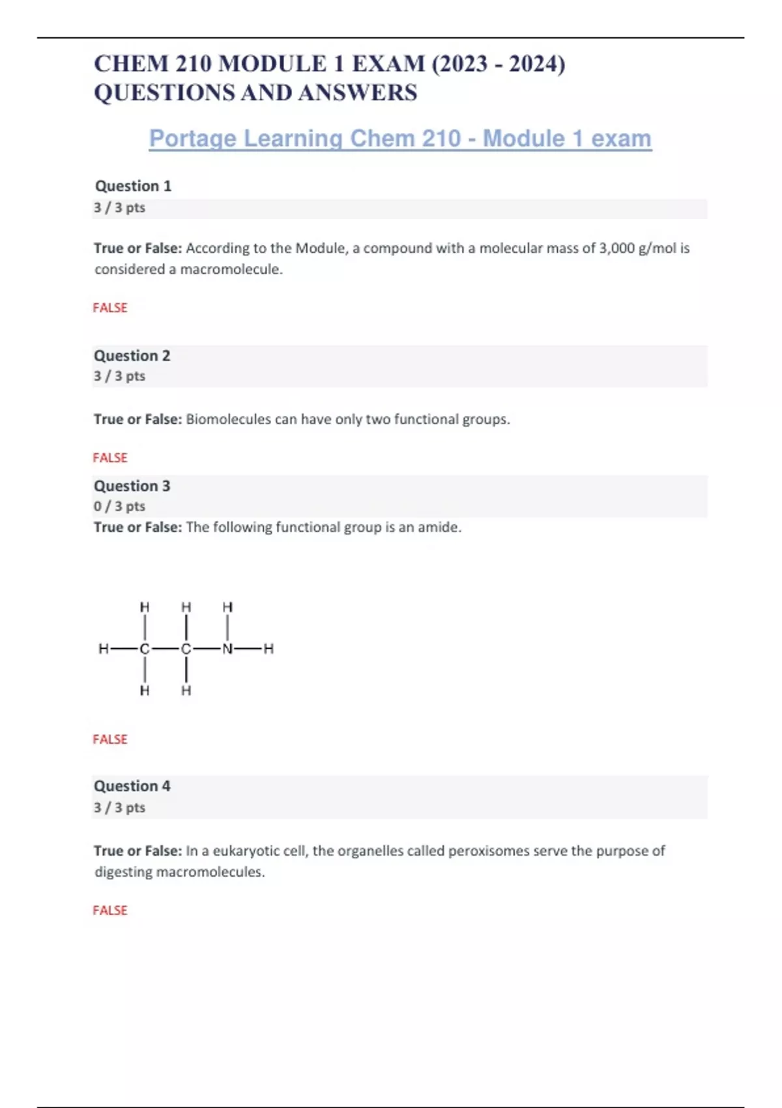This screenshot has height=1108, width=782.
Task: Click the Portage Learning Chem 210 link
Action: (400, 139)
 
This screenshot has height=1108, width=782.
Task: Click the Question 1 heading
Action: (133, 186)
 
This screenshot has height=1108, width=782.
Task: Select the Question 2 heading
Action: (132, 356)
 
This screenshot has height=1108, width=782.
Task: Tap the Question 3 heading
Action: (132, 486)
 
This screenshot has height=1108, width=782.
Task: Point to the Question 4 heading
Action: (132, 786)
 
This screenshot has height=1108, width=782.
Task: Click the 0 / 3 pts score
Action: (119, 506)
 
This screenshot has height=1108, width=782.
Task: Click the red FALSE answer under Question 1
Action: (110, 308)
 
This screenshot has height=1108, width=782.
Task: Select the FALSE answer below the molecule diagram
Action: (110, 739)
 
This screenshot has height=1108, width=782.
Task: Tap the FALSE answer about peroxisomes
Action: (110, 911)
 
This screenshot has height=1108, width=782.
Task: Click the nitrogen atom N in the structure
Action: (227, 649)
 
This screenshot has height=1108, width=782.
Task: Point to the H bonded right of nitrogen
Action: (268, 649)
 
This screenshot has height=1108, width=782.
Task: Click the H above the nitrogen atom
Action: (227, 607)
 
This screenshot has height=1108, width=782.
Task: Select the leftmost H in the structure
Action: (104, 649)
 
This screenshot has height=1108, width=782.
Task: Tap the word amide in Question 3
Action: (438, 527)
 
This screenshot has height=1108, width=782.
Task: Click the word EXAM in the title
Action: (388, 64)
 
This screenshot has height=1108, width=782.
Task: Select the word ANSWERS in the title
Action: (357, 93)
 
